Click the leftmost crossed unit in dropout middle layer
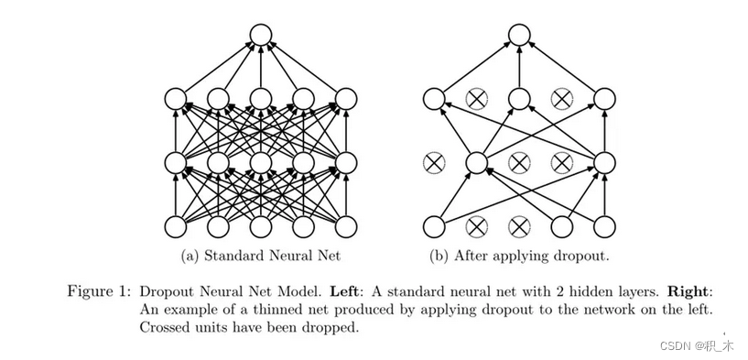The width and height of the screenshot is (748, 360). (433, 162)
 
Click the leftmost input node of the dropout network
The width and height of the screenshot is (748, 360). (433, 225)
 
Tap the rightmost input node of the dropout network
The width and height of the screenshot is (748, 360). (604, 225)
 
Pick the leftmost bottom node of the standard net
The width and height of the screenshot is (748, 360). (175, 225)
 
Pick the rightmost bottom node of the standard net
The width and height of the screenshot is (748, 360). (346, 225)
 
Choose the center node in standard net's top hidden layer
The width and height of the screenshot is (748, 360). (261, 99)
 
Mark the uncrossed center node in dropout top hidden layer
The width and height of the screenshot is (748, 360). (519, 99)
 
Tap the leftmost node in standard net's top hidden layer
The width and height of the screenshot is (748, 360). (175, 99)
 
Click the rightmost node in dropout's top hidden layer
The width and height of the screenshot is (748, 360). (604, 99)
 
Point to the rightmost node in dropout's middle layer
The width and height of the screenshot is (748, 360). (604, 162)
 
